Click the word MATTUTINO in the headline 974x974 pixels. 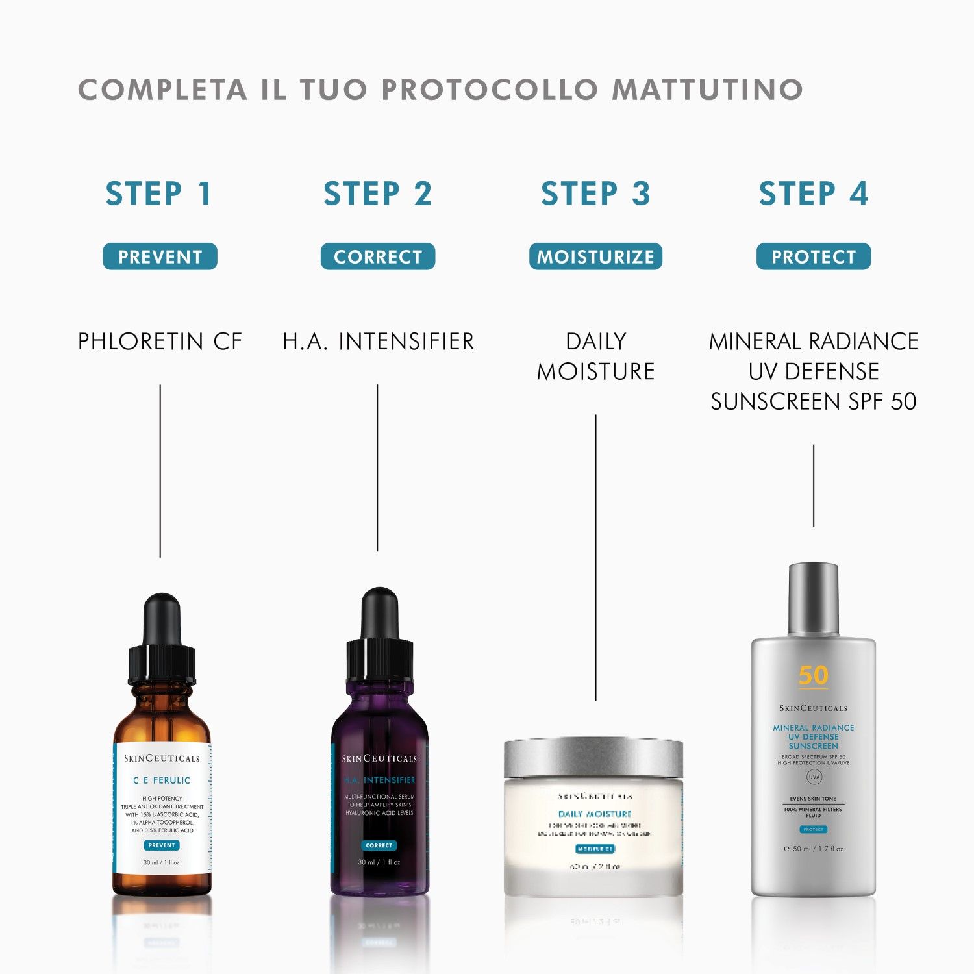click(707, 90)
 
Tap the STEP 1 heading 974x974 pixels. click(160, 194)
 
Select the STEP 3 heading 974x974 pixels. click(595, 194)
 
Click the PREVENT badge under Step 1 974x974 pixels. click(160, 256)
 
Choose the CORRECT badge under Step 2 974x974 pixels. click(378, 256)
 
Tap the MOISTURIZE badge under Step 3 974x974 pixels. click(595, 256)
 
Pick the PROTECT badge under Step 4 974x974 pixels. click(813, 256)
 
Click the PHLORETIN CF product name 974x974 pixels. click(160, 342)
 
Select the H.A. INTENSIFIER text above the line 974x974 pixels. click(378, 342)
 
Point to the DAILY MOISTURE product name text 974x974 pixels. click(595, 356)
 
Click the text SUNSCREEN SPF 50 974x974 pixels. click(813, 401)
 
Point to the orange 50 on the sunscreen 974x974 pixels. click(813, 675)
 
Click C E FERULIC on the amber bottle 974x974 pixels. click(162, 780)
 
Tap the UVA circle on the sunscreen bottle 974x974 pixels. click(814, 777)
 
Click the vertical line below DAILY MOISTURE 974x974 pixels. click(595, 558)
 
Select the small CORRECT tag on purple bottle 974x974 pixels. click(379, 845)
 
